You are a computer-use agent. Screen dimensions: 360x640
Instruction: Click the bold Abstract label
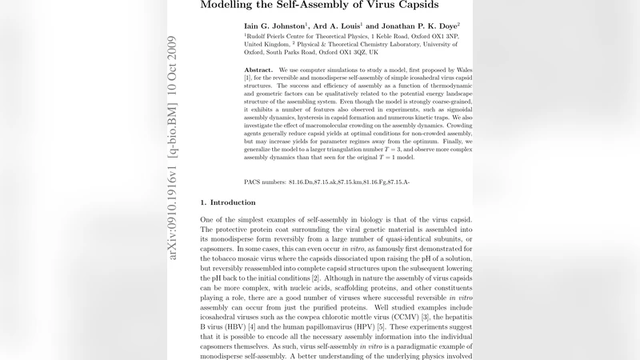tap(259, 70)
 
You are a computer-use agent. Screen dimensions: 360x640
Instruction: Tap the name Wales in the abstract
tap(462, 70)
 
